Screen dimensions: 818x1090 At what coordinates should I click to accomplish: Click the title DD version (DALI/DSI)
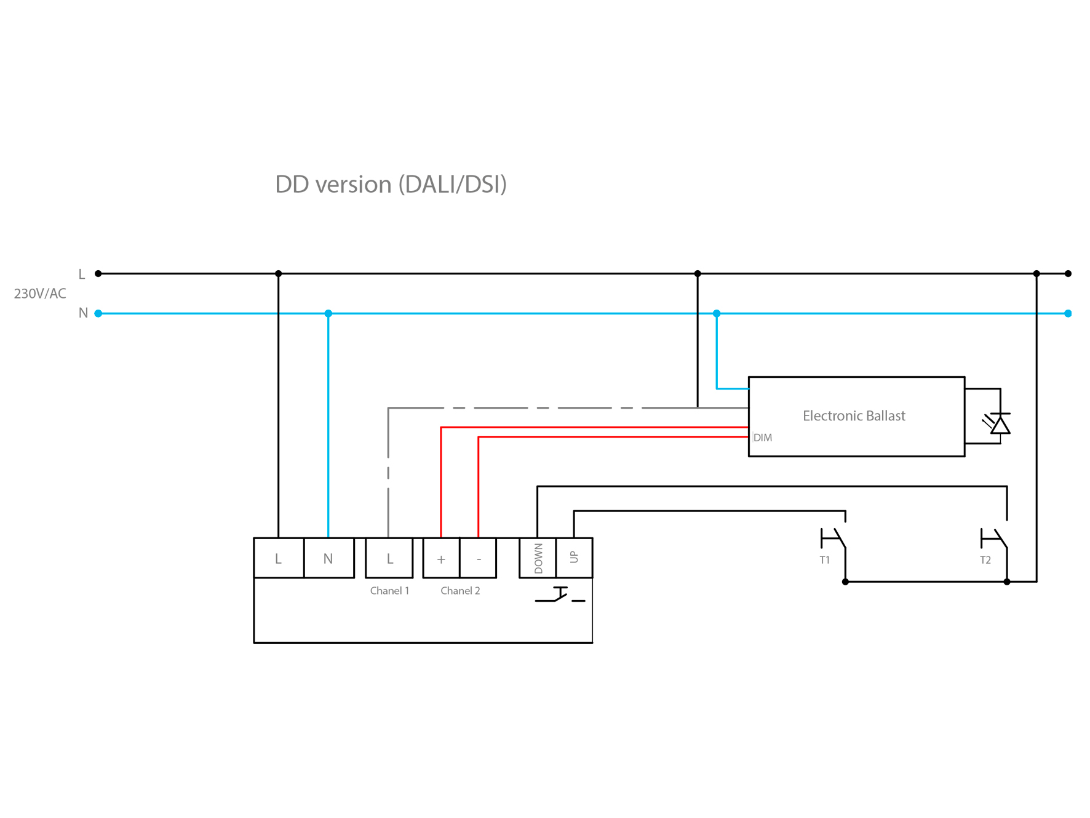click(x=391, y=184)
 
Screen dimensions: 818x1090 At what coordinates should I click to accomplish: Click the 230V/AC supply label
click(x=40, y=294)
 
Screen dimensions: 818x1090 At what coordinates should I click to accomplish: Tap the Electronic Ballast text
click(x=854, y=416)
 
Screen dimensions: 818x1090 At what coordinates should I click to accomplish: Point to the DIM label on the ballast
click(x=763, y=438)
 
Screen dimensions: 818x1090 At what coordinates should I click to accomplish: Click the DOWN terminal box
click(x=538, y=558)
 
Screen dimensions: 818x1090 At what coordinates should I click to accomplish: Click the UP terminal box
click(x=575, y=558)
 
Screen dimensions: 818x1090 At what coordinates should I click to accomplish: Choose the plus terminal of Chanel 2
click(x=441, y=559)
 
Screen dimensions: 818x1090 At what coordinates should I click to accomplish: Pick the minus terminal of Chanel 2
click(x=479, y=559)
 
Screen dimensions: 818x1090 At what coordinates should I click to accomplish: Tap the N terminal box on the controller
click(x=328, y=558)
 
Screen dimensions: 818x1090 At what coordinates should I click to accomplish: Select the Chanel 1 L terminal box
click(x=389, y=558)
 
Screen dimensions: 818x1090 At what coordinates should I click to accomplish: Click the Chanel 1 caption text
click(x=389, y=591)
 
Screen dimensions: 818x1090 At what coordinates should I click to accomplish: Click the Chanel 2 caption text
click(x=460, y=591)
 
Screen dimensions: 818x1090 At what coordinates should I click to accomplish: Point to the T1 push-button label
click(x=825, y=560)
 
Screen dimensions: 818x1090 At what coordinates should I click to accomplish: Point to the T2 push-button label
click(x=985, y=560)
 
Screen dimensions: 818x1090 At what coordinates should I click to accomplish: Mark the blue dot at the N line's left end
click(x=98, y=313)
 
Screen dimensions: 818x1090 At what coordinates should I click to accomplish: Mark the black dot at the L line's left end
click(x=98, y=273)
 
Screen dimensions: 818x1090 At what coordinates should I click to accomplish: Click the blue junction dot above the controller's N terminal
click(x=328, y=313)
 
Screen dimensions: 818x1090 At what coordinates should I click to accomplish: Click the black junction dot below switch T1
click(x=846, y=582)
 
